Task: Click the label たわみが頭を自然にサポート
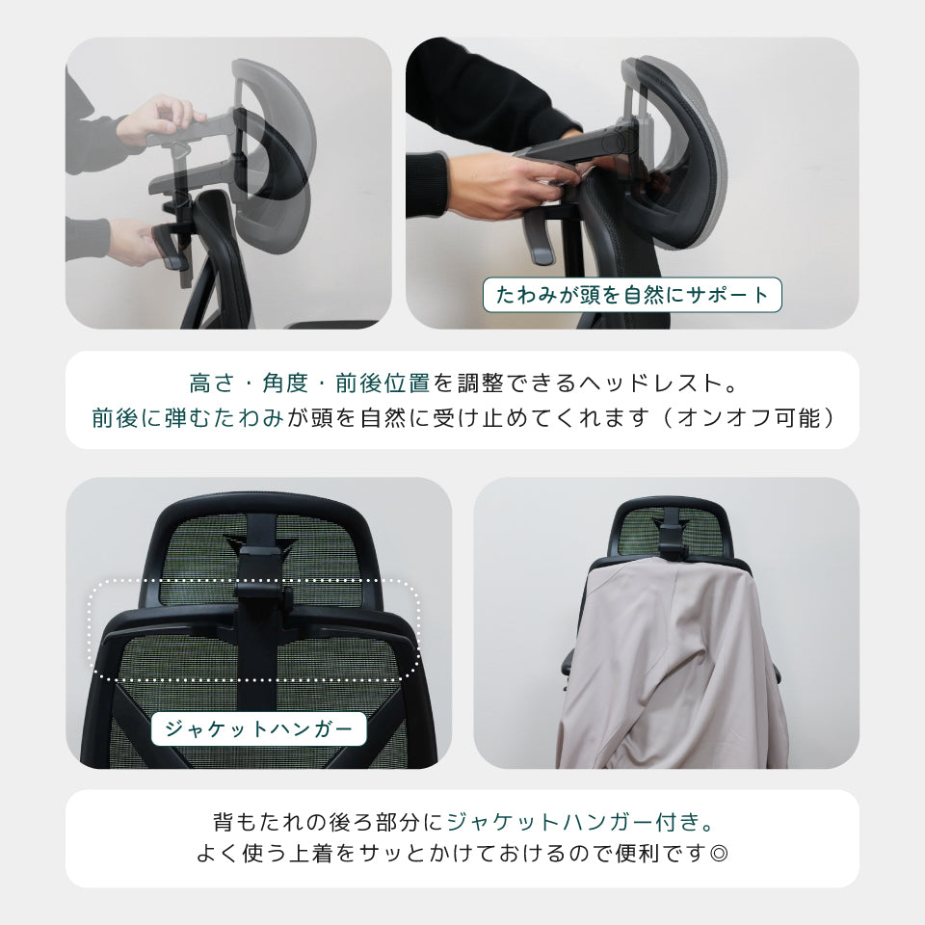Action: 632,295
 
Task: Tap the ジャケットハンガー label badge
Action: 258,728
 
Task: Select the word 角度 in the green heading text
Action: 285,383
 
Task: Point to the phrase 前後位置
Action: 383,383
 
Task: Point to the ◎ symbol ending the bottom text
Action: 719,853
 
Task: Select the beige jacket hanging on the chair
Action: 673,664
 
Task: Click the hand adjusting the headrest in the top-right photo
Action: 508,184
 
